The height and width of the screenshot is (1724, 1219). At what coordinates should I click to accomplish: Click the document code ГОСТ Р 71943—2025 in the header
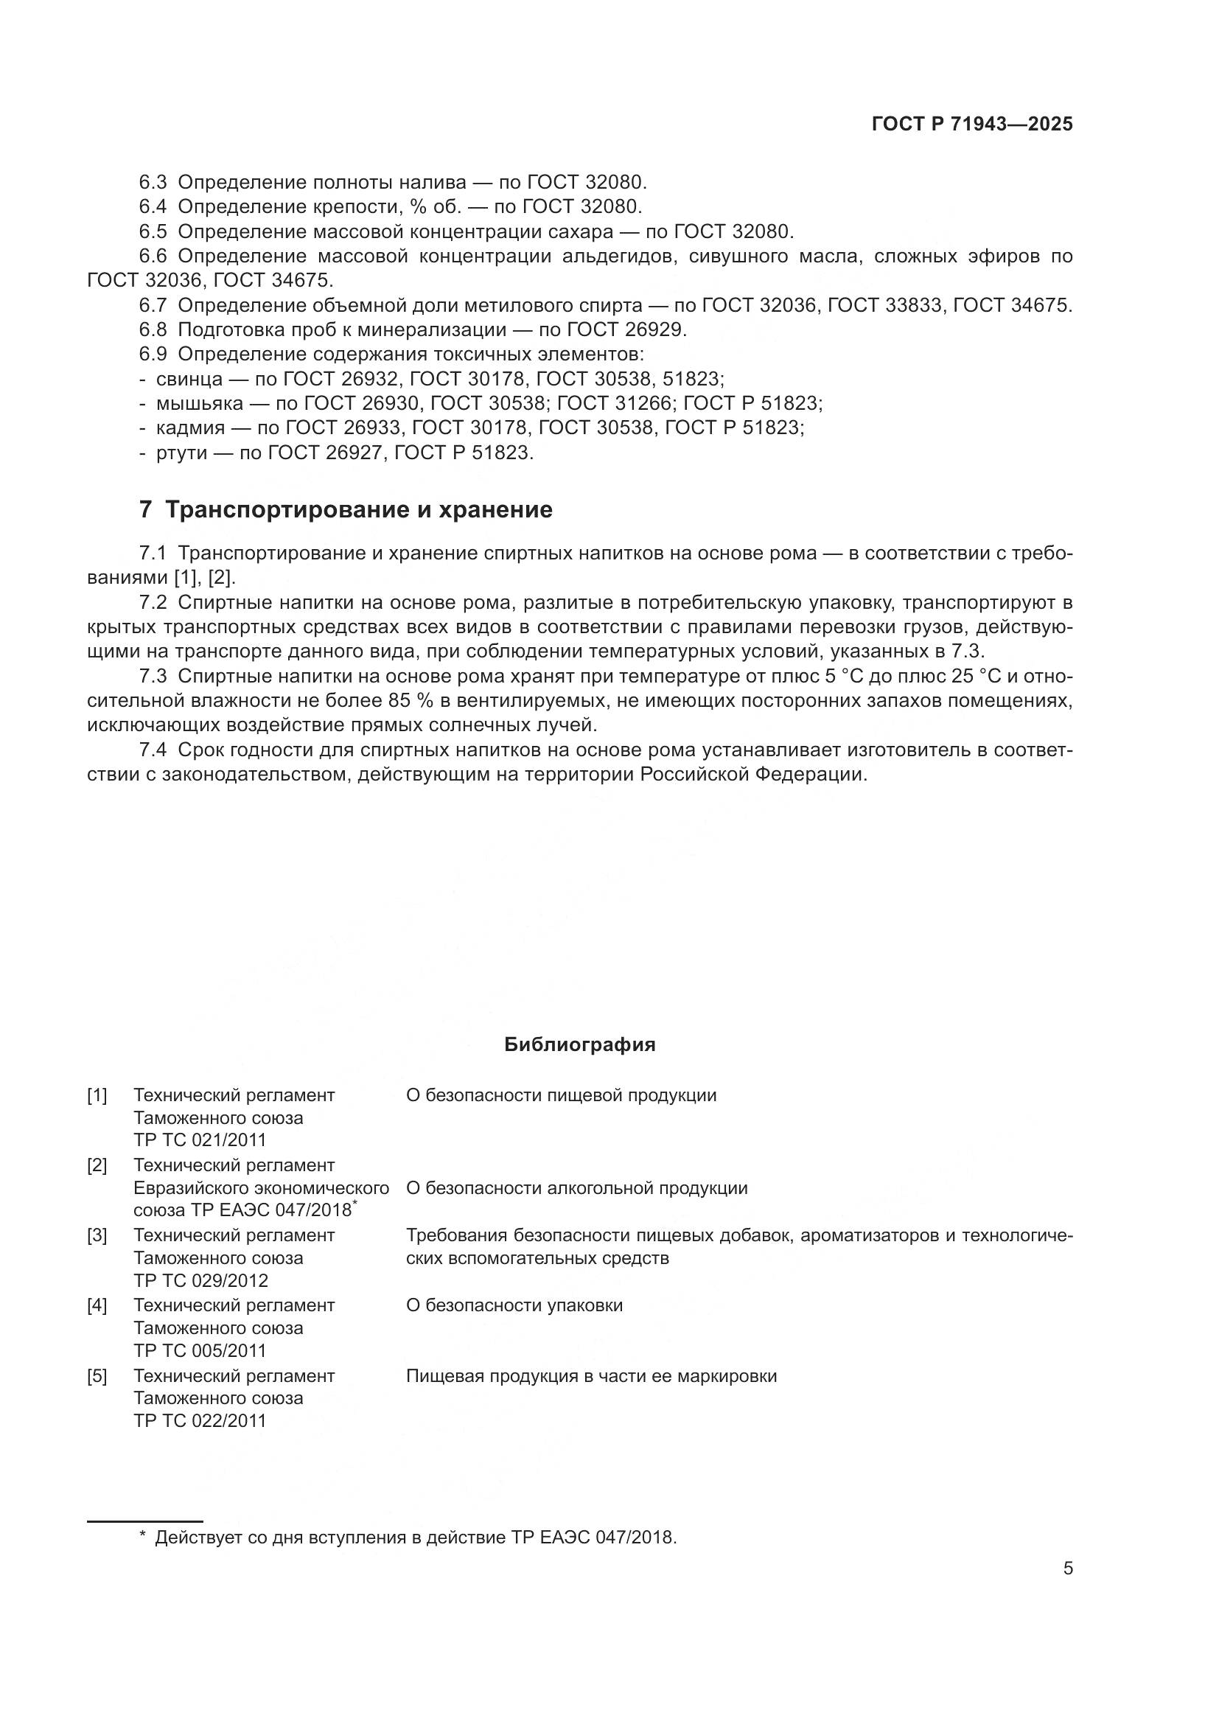pyautogui.click(x=972, y=125)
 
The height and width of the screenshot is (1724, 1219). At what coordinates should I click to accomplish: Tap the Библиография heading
pyautogui.click(x=579, y=1044)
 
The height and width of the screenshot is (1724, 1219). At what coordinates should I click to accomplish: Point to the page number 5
pyautogui.click(x=1067, y=1568)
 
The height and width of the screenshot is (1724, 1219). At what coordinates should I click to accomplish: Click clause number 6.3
pyautogui.click(x=153, y=183)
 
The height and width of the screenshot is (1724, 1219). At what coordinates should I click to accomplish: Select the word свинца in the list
pyautogui.click(x=189, y=379)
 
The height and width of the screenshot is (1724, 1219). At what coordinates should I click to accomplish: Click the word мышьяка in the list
pyautogui.click(x=199, y=404)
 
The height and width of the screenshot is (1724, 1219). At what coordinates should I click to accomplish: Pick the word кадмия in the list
pyautogui.click(x=191, y=429)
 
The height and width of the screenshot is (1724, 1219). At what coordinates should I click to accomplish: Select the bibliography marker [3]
pyautogui.click(x=97, y=1235)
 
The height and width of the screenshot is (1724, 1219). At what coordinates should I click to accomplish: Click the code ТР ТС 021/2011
pyautogui.click(x=200, y=1140)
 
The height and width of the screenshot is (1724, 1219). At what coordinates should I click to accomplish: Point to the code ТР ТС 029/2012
pyautogui.click(x=200, y=1280)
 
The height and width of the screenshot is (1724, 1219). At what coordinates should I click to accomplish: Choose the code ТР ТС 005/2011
pyautogui.click(x=200, y=1350)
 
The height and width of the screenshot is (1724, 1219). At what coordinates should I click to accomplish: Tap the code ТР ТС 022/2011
pyautogui.click(x=200, y=1420)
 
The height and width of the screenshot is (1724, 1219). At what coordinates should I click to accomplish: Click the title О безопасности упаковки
pyautogui.click(x=514, y=1306)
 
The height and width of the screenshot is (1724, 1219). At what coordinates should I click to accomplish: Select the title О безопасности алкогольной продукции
pyautogui.click(x=576, y=1188)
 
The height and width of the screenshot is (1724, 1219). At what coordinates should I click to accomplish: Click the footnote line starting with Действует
pyautogui.click(x=415, y=1538)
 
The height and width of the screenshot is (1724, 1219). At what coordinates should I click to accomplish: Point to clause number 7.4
pyautogui.click(x=153, y=750)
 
